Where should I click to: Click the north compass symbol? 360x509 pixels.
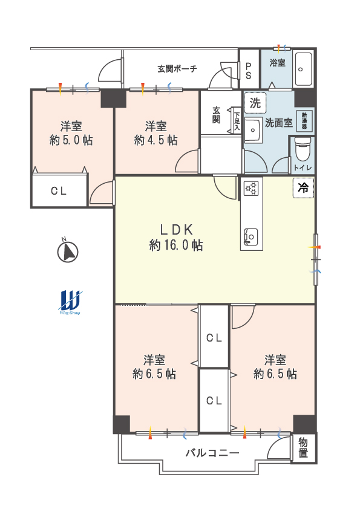click(68, 251)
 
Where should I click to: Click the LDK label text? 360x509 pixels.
click(177, 230)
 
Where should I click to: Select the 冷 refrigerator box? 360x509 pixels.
click(304, 187)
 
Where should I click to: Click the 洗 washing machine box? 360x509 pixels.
click(255, 103)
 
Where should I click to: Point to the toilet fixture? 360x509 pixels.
click(303, 149)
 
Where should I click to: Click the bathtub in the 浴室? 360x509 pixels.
click(304, 69)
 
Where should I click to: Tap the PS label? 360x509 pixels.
click(249, 71)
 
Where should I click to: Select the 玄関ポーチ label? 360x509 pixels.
click(177, 69)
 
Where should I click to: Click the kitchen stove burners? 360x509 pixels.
click(251, 187)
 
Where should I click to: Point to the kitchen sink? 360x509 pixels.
click(251, 236)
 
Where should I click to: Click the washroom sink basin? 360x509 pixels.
click(253, 130)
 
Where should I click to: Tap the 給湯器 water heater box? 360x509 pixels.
click(304, 121)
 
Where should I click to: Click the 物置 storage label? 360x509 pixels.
click(303, 447)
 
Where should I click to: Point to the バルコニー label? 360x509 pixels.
click(212, 453)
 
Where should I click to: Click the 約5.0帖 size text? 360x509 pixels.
click(71, 140)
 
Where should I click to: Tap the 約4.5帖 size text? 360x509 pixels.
click(156, 140)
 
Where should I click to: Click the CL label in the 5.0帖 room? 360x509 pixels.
click(59, 191)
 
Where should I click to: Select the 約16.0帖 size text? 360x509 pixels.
click(177, 245)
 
